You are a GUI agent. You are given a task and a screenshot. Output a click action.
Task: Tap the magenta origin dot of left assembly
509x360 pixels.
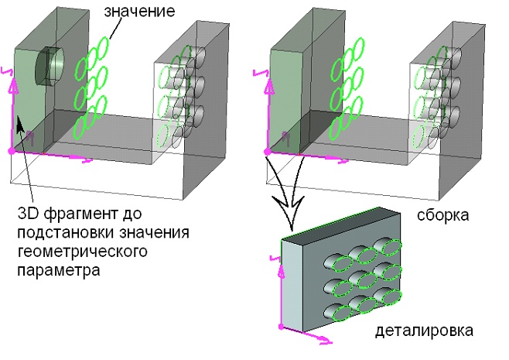coord(11,151)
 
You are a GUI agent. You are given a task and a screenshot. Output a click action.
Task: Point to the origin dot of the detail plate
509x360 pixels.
coord(280,327)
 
